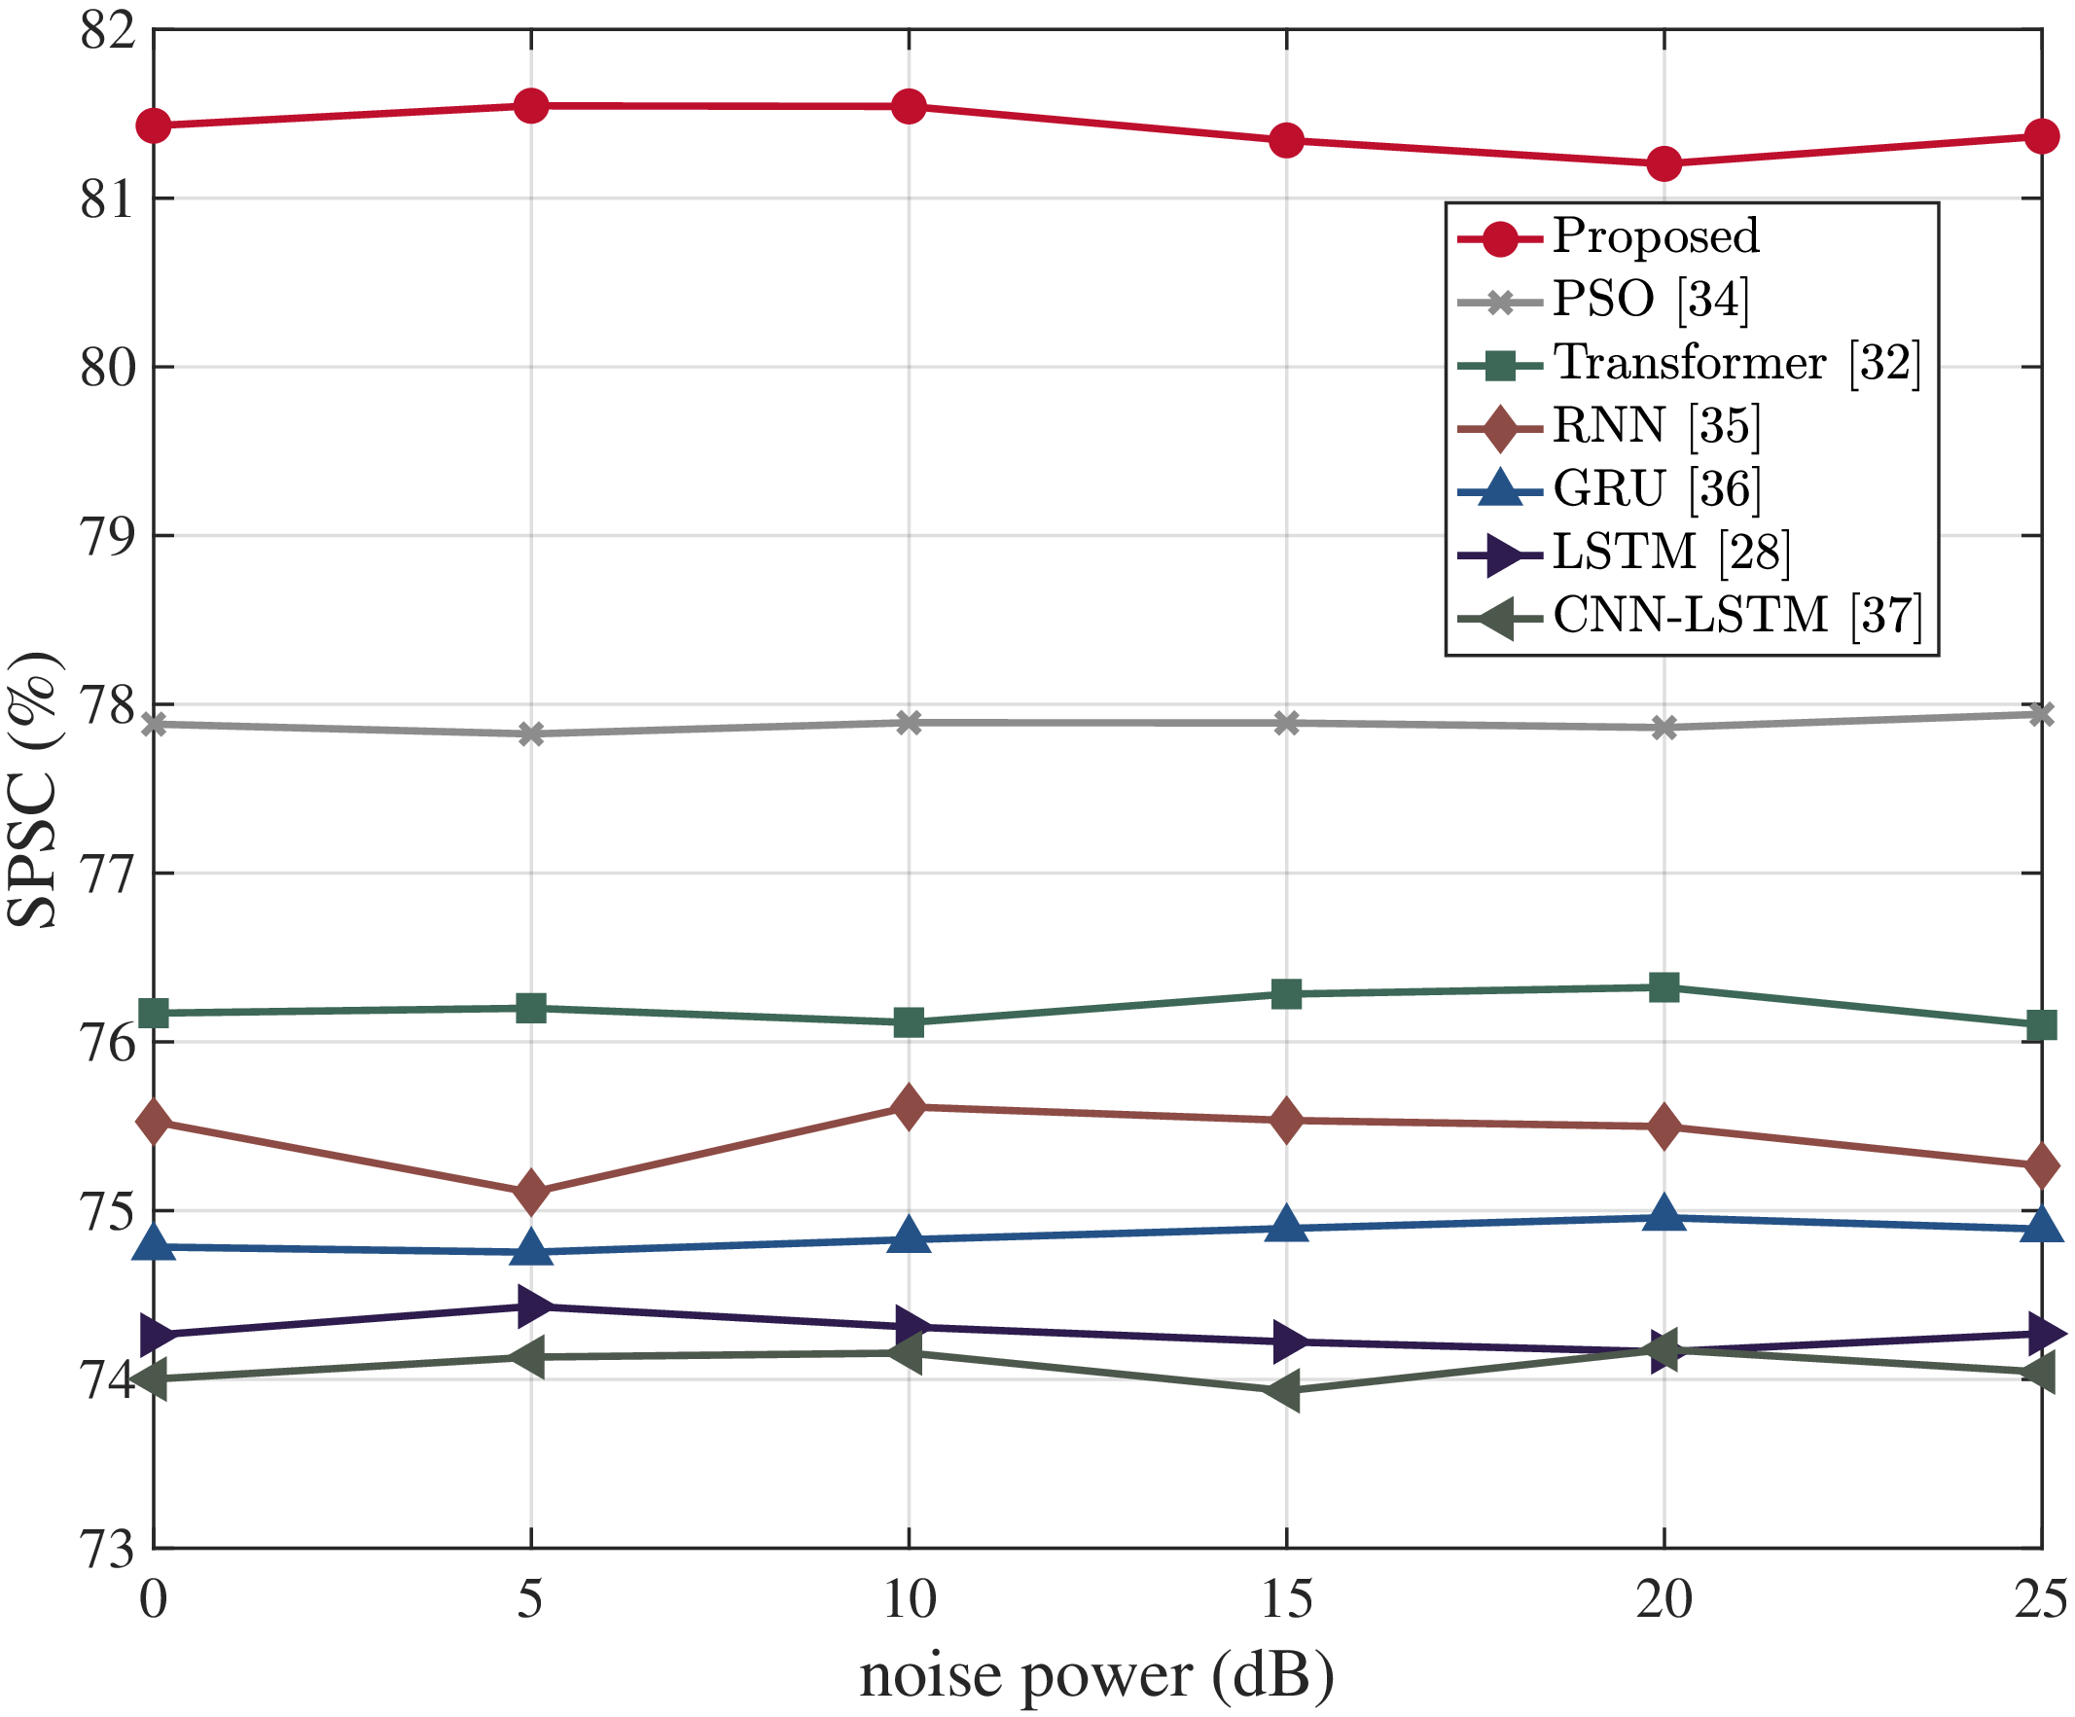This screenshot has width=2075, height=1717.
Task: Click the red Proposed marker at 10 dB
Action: [908, 106]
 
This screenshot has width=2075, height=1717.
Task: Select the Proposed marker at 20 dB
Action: [1664, 163]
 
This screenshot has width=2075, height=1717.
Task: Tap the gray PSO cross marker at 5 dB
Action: [530, 734]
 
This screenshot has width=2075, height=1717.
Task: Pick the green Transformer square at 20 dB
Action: [1664, 987]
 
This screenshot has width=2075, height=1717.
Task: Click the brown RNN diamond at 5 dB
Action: [530, 1192]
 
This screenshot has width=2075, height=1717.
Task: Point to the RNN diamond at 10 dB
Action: [908, 1107]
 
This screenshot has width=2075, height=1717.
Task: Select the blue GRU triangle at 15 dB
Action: [1286, 1226]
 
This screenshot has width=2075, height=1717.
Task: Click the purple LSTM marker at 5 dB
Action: [532, 1307]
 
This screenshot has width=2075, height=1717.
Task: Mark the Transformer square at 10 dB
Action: [908, 1022]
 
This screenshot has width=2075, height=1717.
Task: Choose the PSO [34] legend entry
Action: [1650, 300]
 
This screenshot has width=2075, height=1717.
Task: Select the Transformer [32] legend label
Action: [1737, 363]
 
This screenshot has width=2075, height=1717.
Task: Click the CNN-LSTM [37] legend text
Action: [1737, 616]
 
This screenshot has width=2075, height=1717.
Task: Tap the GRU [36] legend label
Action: [1656, 489]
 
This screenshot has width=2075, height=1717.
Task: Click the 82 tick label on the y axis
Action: [106, 31]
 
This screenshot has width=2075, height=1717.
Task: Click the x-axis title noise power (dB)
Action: [1096, 1676]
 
